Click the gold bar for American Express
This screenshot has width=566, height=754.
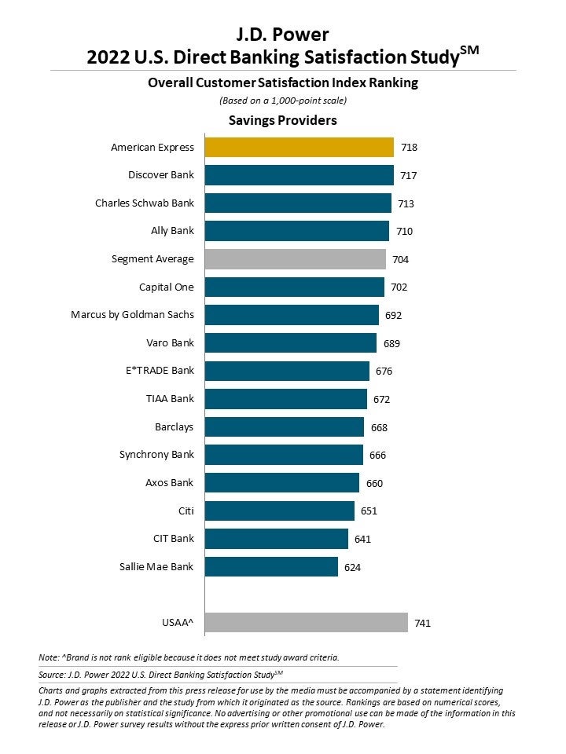tap(299, 147)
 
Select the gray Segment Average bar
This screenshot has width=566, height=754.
tap(296, 259)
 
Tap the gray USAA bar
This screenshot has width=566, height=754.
tap(307, 623)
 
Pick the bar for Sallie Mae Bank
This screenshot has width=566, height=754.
tap(271, 566)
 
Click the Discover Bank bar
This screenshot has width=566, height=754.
tap(299, 174)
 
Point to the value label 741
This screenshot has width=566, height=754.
tap(422, 624)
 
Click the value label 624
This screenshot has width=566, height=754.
tap(352, 567)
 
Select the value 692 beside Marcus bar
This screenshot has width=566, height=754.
tap(393, 316)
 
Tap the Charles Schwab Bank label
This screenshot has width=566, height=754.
tap(145, 203)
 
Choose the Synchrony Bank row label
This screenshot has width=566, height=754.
tap(156, 455)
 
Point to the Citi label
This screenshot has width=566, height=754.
tap(186, 511)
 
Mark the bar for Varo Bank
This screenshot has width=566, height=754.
tap(291, 343)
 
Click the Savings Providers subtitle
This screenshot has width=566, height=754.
tap(282, 120)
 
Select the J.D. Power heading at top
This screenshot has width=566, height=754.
tap(282, 34)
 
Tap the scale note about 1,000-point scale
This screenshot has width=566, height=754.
tap(282, 101)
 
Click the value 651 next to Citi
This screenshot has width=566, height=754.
tap(369, 511)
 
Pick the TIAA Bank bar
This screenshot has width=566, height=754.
tap(286, 399)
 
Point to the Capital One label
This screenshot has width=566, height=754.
tap(167, 287)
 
